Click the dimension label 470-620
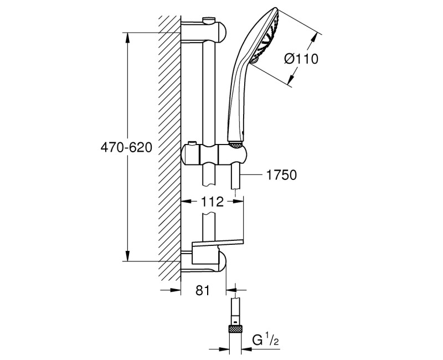(x=126, y=148)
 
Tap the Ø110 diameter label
(x=301, y=59)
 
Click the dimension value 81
(x=203, y=290)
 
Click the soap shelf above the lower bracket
(x=217, y=242)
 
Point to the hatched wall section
(x=169, y=150)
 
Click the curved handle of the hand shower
(x=235, y=94)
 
